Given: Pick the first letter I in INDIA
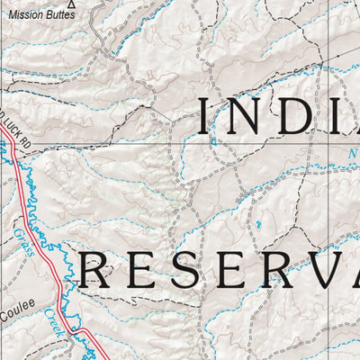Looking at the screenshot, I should pyautogui.click(x=207, y=117).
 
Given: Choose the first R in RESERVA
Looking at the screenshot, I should pyautogui.click(x=94, y=270).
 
